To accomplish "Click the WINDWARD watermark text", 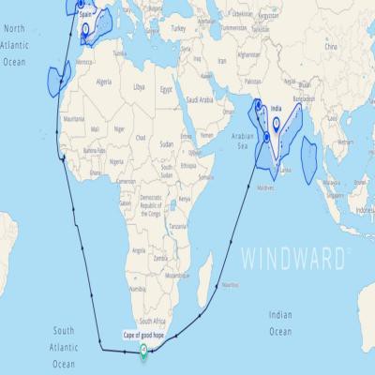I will pyautogui.click(x=297, y=256).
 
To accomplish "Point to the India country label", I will pyautogui.click(x=276, y=109).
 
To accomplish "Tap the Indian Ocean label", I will pyautogui.click(x=279, y=323).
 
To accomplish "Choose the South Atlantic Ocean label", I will pyautogui.click(x=64, y=347).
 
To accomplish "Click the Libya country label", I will pyautogui.click(x=139, y=86).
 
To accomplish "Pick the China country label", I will pyautogui.click(x=329, y=45).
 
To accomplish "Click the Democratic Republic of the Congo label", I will pyautogui.click(x=151, y=202).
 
